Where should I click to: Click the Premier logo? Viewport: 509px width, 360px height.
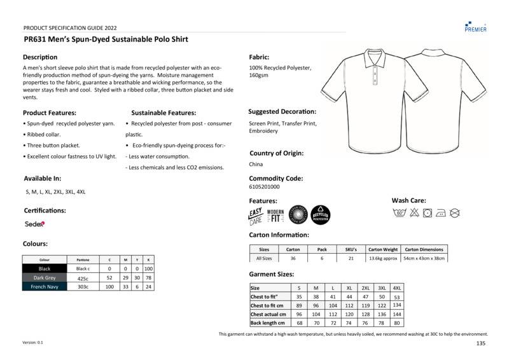[475, 25]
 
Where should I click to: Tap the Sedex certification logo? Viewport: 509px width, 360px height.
[34, 224]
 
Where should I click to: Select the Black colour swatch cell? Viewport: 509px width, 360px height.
[45, 269]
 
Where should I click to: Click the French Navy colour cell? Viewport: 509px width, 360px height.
[45, 287]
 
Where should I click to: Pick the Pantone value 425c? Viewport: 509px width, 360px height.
[83, 278]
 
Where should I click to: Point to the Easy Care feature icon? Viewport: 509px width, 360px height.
[256, 216]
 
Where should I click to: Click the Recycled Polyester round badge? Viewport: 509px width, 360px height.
[320, 216]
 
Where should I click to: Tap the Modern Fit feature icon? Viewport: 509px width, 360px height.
[275, 216]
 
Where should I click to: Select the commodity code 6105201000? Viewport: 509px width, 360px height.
[264, 187]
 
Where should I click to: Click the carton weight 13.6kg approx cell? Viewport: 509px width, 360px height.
[383, 258]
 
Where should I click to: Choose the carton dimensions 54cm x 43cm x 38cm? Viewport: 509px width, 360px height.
[424, 258]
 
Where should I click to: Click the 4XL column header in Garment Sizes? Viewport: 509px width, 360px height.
[397, 287]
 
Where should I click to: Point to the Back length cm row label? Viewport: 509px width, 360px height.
[268, 323]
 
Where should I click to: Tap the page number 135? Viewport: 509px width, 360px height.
[480, 343]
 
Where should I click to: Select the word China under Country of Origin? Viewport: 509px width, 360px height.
[255, 164]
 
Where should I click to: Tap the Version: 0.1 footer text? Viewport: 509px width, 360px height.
[33, 342]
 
